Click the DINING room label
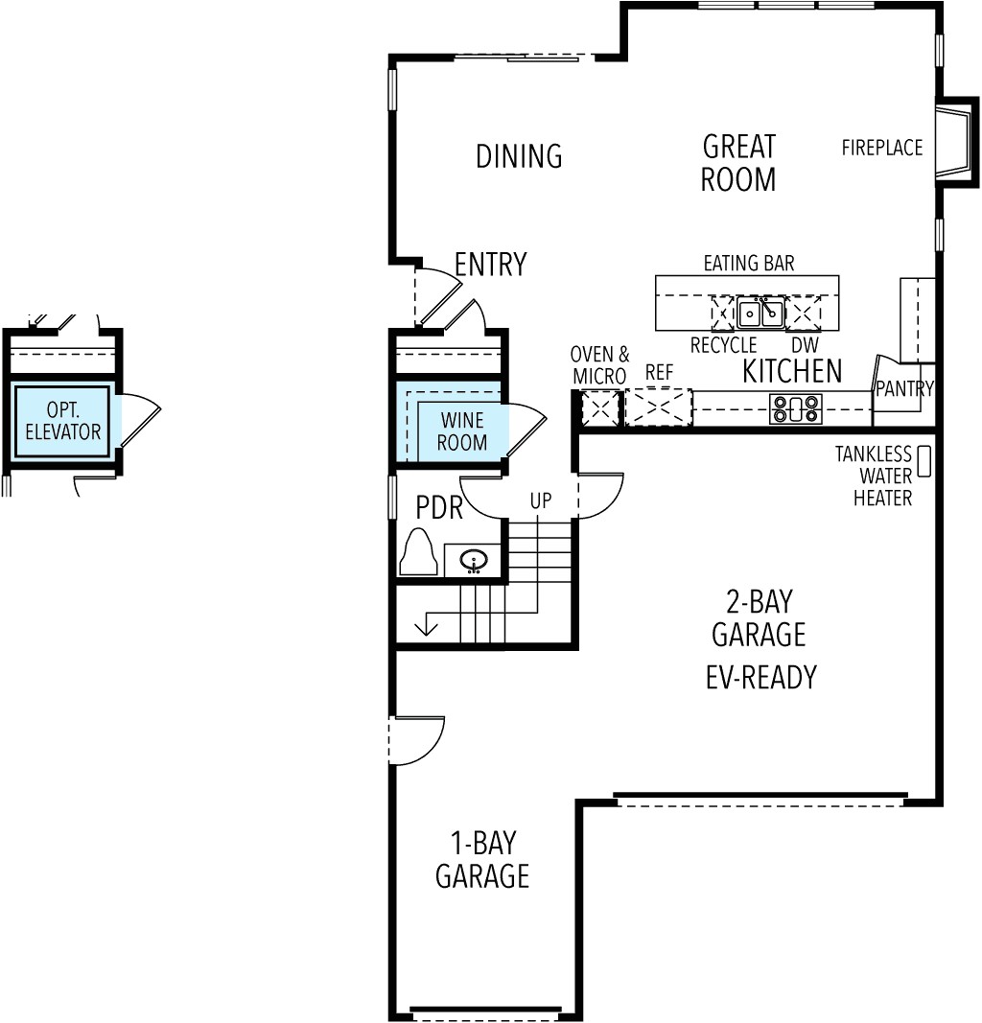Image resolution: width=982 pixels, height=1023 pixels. (519, 156)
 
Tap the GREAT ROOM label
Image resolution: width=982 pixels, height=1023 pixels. (738, 163)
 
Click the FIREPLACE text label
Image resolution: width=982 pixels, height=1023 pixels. (882, 148)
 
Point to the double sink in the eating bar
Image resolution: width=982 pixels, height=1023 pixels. (760, 313)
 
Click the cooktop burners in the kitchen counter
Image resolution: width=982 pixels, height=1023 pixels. (796, 409)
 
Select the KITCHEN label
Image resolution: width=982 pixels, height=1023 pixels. (792, 371)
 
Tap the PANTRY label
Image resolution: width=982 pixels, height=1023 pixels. (904, 388)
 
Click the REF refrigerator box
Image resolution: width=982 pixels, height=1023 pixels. (658, 407)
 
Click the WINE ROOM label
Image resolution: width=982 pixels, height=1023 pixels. (462, 431)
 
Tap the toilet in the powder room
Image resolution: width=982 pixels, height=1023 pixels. (418, 553)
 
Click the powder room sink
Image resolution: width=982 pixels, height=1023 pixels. (473, 559)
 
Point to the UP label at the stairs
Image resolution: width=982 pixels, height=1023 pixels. (540, 500)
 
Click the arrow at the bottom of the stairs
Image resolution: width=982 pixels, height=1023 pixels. (426, 628)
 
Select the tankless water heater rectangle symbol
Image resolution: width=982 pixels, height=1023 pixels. (924, 461)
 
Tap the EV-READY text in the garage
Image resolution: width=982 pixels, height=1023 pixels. (760, 677)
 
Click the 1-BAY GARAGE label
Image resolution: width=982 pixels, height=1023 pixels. (482, 859)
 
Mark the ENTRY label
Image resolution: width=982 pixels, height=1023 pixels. (490, 265)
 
